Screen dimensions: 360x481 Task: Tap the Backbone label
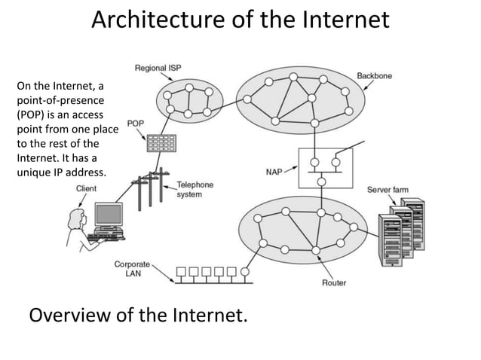374,76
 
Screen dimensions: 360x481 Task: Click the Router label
334,283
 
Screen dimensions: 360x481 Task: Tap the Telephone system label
195,189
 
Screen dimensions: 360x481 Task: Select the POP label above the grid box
135,124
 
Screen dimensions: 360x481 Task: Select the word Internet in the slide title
346,20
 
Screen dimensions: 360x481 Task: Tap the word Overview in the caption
69,314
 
